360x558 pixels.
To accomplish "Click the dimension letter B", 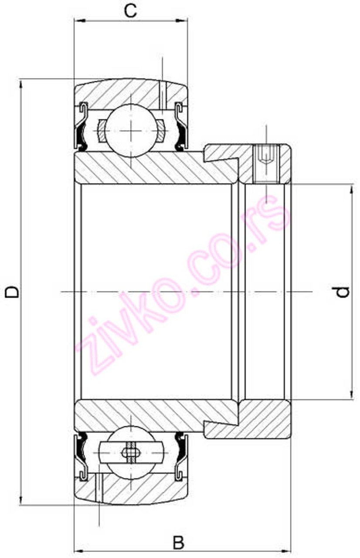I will coord(179,543).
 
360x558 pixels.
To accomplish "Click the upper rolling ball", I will coord(131,130).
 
